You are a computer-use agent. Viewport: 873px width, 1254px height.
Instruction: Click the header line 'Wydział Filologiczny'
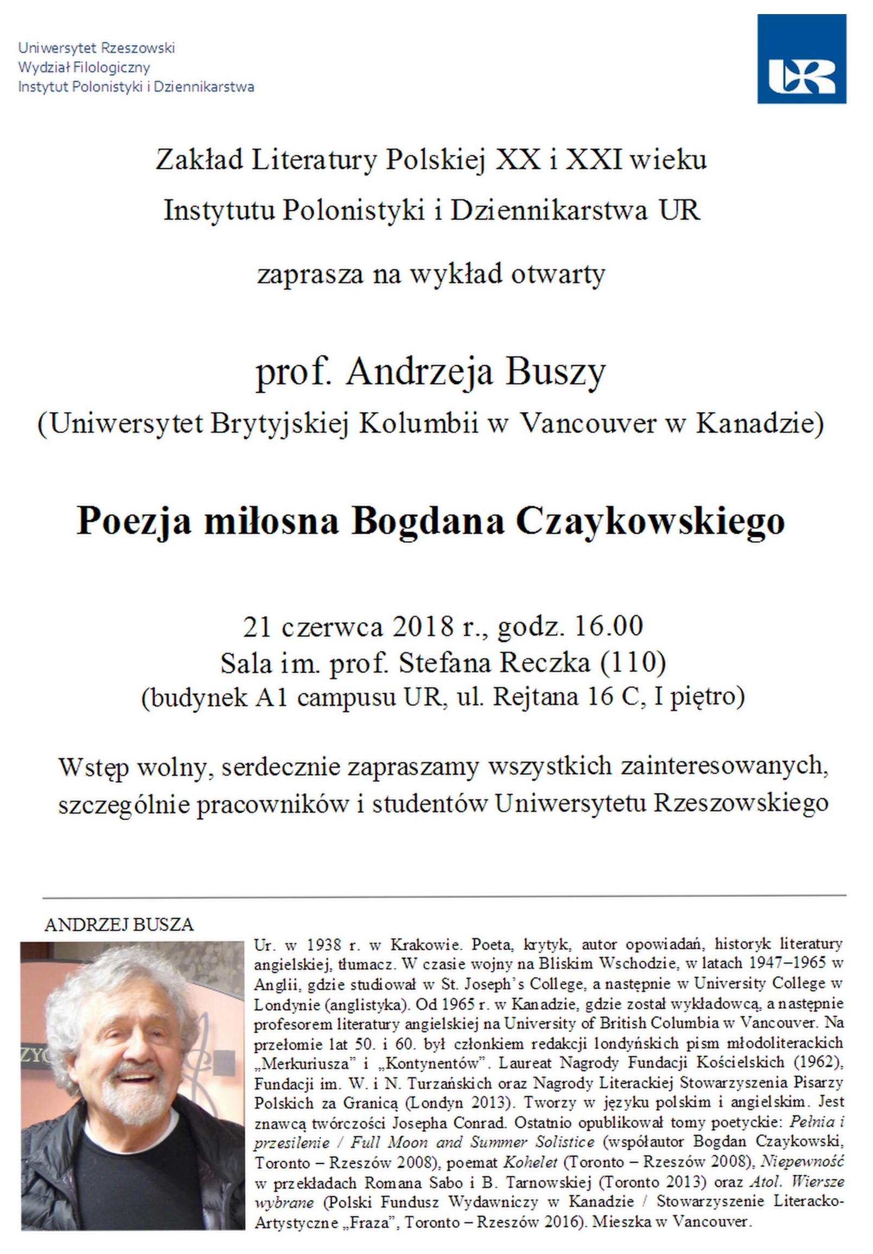84,68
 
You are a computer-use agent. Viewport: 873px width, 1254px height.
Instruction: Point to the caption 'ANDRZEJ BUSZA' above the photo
119,925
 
